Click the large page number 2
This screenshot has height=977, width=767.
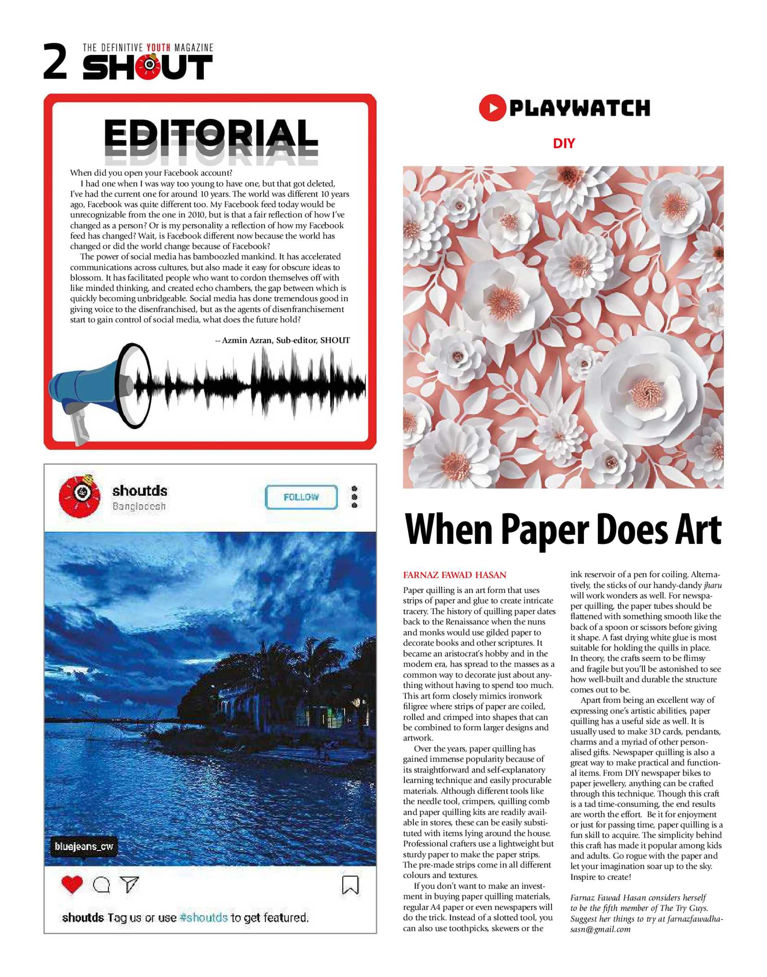55,61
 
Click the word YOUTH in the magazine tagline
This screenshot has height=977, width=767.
159,48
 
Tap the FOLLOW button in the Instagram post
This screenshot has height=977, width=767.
301,497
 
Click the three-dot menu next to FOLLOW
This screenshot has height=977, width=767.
354,497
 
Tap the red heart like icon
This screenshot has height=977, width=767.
72,885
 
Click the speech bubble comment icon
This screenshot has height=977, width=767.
102,885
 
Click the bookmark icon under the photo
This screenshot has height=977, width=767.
350,885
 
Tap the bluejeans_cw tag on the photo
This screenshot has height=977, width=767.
84,846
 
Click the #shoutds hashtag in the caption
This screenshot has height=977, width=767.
203,917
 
